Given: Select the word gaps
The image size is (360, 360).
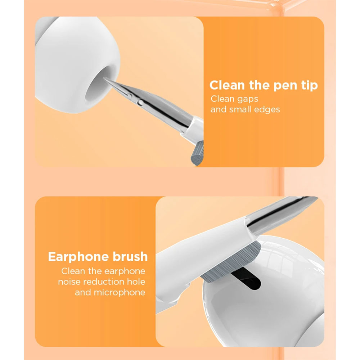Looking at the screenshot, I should [246, 98].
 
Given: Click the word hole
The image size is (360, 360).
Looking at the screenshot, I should [137, 282].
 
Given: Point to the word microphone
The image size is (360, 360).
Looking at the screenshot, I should [120, 292].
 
